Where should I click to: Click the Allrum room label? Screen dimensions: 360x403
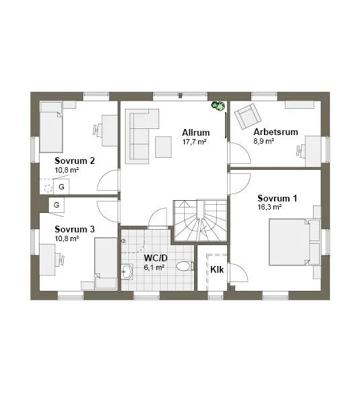click(x=196, y=132)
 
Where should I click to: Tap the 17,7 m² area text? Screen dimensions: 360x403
click(x=195, y=142)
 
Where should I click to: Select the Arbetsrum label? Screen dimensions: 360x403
click(x=276, y=132)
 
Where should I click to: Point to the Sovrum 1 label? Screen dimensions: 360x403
click(x=277, y=198)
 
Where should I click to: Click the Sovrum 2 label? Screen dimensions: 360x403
click(x=75, y=161)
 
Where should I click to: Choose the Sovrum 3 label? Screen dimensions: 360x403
click(x=75, y=229)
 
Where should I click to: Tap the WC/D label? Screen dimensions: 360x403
click(x=155, y=258)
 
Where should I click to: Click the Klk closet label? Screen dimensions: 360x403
click(x=217, y=269)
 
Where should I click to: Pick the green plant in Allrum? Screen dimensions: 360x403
click(x=218, y=106)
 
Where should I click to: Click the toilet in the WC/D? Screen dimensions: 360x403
click(x=185, y=266)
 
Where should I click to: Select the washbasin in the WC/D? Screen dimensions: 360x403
click(x=127, y=271)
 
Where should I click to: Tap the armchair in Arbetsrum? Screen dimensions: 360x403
click(x=248, y=116)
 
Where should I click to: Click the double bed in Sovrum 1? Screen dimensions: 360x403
click(x=294, y=242)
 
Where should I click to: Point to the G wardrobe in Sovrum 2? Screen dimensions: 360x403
click(x=61, y=187)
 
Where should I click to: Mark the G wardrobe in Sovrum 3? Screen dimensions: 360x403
click(x=56, y=205)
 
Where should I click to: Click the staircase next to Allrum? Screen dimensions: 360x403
click(x=200, y=221)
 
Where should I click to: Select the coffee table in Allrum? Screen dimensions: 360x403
click(x=163, y=146)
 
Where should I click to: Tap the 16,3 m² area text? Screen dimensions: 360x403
click(x=269, y=207)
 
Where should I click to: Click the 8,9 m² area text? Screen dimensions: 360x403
click(x=264, y=141)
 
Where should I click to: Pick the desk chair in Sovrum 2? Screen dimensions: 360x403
click(x=96, y=130)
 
